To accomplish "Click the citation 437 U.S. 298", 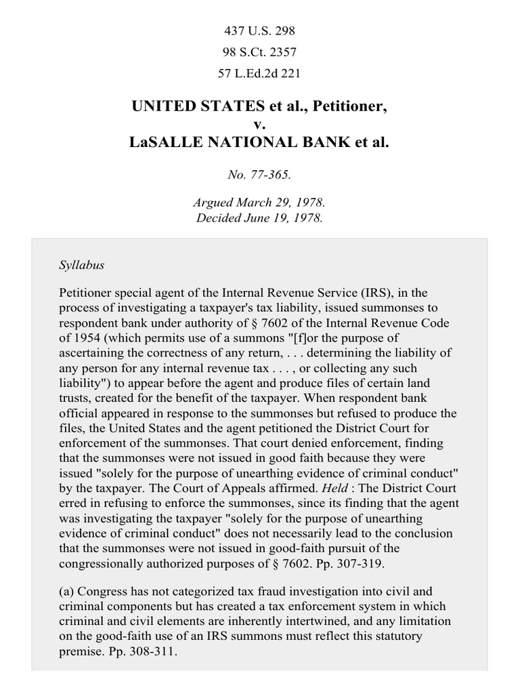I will point(259,31).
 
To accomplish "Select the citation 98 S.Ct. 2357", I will point(259,52).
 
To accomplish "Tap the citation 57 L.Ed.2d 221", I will point(259,73).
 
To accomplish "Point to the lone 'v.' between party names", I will point(259,125).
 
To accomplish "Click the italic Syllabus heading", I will point(81,265).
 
